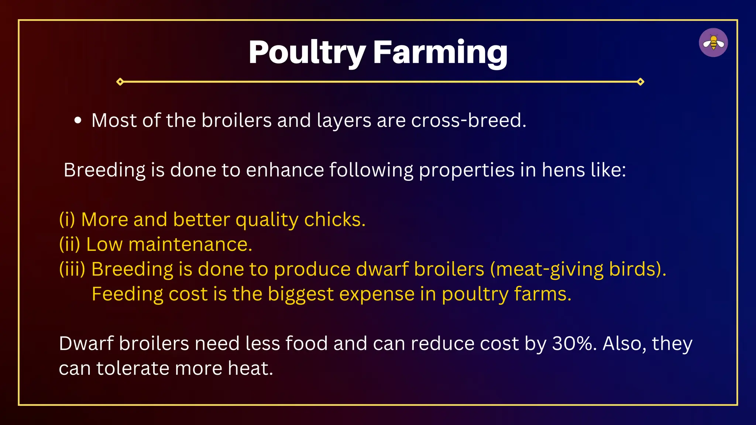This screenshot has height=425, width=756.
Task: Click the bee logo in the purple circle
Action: point(713,42)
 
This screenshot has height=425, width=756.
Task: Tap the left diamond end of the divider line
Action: point(120,82)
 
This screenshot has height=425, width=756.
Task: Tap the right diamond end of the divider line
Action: point(640,82)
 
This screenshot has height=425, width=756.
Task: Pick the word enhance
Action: point(285,170)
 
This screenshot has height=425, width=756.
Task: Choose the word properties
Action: point(467,170)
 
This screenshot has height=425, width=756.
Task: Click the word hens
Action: point(563,170)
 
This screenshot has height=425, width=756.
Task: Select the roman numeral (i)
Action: point(67,220)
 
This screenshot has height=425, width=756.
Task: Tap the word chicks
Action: point(334,220)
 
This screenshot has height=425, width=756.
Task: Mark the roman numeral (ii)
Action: point(69,244)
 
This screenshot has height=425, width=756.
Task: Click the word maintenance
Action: point(190,244)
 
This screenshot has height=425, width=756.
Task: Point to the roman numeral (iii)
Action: point(72,269)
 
